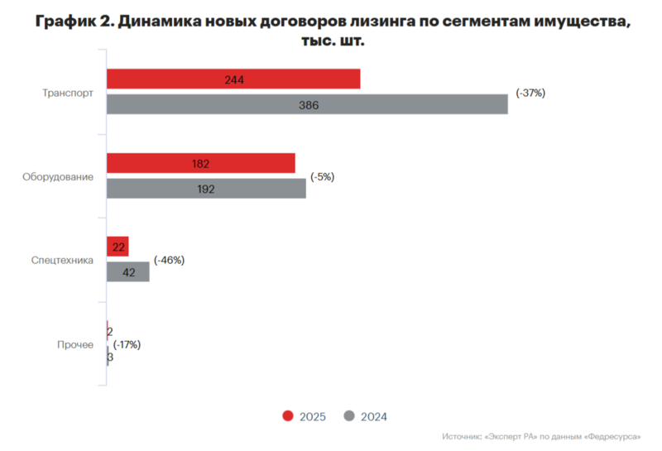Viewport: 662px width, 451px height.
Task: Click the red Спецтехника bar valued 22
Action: coord(118,247)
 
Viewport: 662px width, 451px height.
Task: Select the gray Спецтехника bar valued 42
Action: coord(128,271)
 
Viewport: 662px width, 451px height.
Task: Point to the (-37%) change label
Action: coord(530,93)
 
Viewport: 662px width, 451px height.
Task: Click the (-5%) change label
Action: coord(322,177)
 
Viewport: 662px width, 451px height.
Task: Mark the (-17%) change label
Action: coord(127,344)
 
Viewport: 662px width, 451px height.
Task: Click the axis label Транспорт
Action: coord(68,93)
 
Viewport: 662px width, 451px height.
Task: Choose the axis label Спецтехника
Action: coord(61,261)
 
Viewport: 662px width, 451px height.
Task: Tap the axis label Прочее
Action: coord(74,344)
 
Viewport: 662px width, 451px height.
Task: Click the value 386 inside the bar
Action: coord(308,105)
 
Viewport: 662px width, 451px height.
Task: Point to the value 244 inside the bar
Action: coord(233,80)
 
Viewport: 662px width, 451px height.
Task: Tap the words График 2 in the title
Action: coord(73,22)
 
